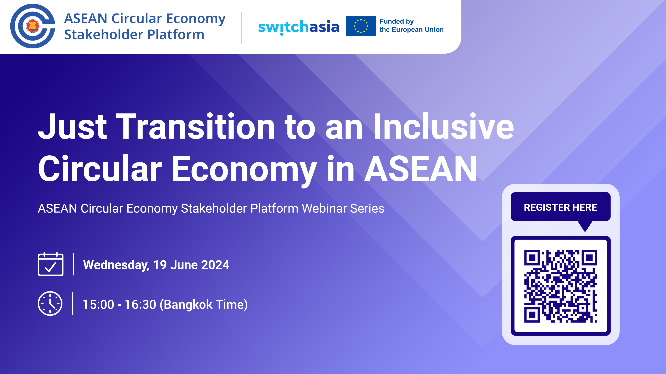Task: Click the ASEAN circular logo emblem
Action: pyautogui.click(x=33, y=26)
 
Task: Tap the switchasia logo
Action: pyautogui.click(x=299, y=27)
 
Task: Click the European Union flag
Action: pyautogui.click(x=361, y=26)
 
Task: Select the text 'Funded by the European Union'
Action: pyautogui.click(x=411, y=26)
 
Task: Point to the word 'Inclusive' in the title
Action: pyautogui.click(x=443, y=127)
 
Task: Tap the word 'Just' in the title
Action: pyautogui.click(x=72, y=127)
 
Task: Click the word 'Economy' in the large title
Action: pyautogui.click(x=244, y=170)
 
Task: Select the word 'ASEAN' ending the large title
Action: pyautogui.click(x=421, y=169)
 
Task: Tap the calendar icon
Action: pyautogui.click(x=51, y=264)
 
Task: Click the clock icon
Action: pyautogui.click(x=50, y=304)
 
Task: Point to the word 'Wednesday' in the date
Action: pyautogui.click(x=116, y=265)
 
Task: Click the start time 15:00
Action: pyautogui.click(x=98, y=305)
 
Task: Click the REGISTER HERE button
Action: pyautogui.click(x=560, y=207)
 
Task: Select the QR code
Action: pyautogui.click(x=560, y=286)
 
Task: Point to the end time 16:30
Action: pyautogui.click(x=141, y=305)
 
